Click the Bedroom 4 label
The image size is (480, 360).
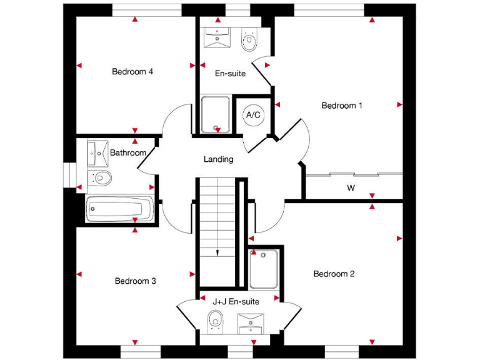132,71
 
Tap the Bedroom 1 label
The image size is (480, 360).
342,106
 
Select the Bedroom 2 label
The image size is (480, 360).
334,274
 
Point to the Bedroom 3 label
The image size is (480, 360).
136,281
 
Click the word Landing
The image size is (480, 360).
219,159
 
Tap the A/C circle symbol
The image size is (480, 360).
254,115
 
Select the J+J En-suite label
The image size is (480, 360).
236,301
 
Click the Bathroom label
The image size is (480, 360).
128,152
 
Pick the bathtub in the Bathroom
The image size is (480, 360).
119,209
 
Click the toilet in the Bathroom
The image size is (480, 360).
100,178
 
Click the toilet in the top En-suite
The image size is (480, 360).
250,41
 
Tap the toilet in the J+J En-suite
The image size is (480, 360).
214,321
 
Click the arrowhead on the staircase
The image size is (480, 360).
217,252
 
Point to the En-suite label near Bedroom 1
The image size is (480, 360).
230,74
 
